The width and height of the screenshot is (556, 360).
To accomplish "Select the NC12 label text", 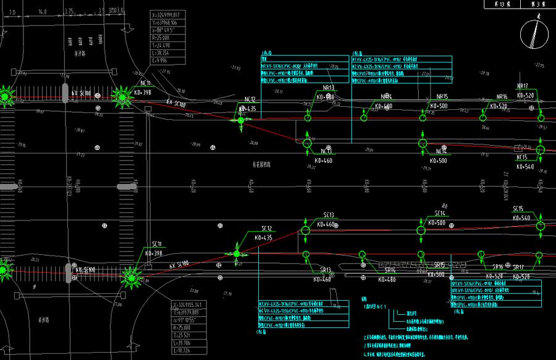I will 250,99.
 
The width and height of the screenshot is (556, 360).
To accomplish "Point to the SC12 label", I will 266,228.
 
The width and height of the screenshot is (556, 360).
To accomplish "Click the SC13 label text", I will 328,215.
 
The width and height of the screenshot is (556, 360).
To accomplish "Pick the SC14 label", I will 440,213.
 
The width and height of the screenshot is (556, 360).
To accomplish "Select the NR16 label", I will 502,97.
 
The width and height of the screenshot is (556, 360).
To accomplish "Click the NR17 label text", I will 523,86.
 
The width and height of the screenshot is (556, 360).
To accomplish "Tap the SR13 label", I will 325,270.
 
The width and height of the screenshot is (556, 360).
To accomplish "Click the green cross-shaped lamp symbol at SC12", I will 237,253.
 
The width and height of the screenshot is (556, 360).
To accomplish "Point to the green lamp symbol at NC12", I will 241,120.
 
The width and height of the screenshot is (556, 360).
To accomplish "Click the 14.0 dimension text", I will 42,12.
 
